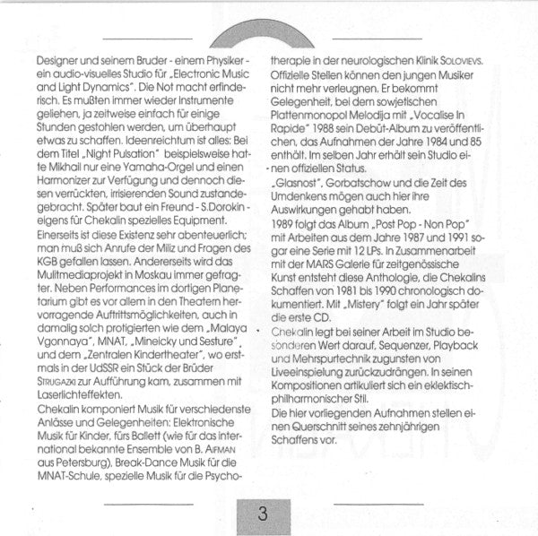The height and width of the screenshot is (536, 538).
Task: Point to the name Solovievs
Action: tap(469, 59)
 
